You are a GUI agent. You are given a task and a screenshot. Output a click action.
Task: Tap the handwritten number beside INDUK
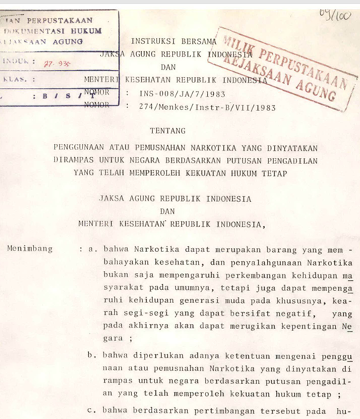(50, 62)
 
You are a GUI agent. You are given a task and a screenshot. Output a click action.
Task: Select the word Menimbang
(27, 248)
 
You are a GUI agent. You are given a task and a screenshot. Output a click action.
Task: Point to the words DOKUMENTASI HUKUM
(53, 31)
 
